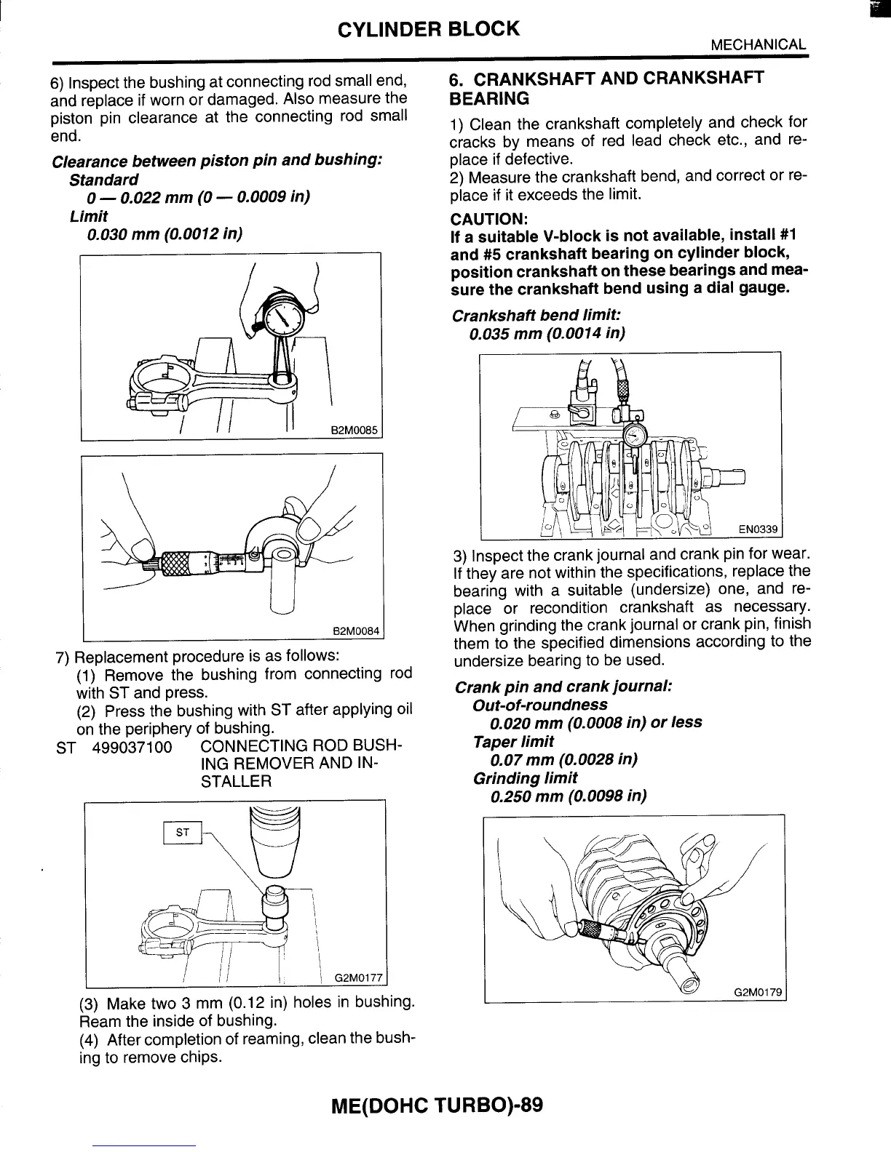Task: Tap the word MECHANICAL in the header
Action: pyautogui.click(x=758, y=44)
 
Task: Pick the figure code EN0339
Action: pyautogui.click(x=758, y=529)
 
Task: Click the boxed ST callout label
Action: pyautogui.click(x=183, y=833)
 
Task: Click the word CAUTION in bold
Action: pyautogui.click(x=488, y=219)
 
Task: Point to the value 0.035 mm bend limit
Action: pyautogui.click(x=502, y=334)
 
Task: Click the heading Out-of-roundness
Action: pyautogui.click(x=539, y=705)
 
